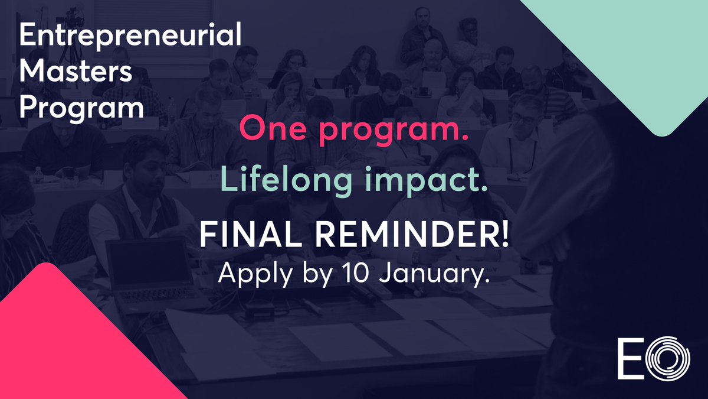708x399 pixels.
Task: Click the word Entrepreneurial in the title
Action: click(x=130, y=37)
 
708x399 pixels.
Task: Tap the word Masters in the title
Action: click(x=77, y=73)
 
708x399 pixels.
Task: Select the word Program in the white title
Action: click(x=81, y=109)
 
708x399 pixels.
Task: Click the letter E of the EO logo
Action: click(x=628, y=358)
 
